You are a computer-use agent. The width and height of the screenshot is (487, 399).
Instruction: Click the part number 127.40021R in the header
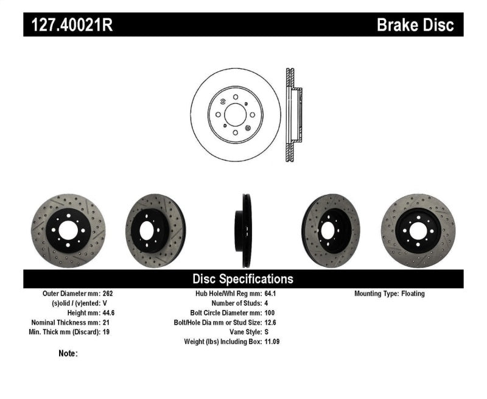tap(68, 25)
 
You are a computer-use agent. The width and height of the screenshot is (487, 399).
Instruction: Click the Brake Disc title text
tap(415, 25)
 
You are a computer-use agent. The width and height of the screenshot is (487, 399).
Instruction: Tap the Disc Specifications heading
tap(243, 279)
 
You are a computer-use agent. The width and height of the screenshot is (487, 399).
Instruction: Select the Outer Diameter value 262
tap(108, 294)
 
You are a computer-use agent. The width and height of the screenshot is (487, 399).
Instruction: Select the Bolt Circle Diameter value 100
tap(270, 312)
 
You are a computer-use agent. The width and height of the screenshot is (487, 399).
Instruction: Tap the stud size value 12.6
tap(271, 322)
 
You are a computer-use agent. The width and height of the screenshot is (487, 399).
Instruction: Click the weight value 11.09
tap(273, 342)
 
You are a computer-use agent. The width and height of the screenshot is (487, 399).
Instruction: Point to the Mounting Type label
tap(376, 294)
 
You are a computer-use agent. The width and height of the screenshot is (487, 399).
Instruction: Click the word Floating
tap(413, 294)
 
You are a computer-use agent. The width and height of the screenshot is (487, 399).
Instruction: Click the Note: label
tap(68, 353)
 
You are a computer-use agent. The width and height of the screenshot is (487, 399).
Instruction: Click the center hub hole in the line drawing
tap(235, 114)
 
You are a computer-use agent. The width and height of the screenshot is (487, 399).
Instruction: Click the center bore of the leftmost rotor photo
tap(68, 230)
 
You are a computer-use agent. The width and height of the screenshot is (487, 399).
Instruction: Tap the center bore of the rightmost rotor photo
tap(418, 231)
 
